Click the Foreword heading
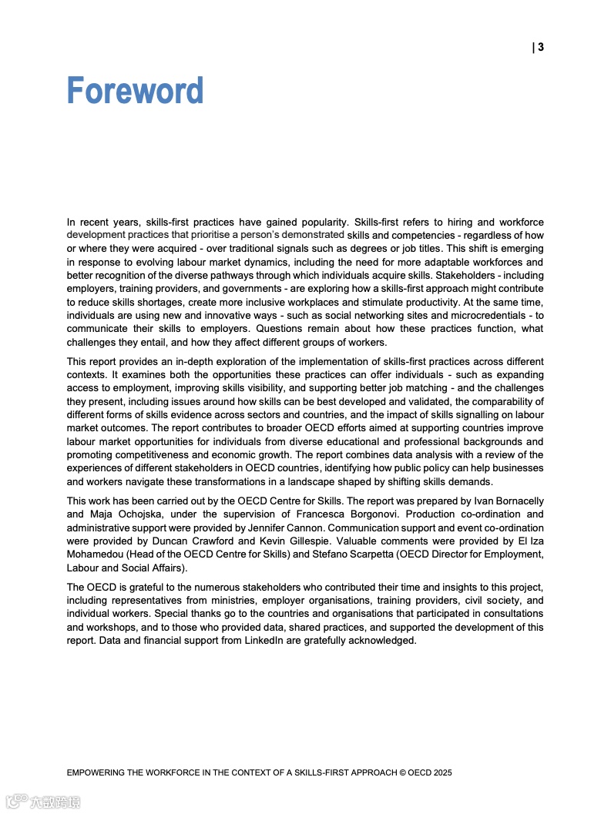135,91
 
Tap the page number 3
541,48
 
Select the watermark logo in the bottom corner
42,801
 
